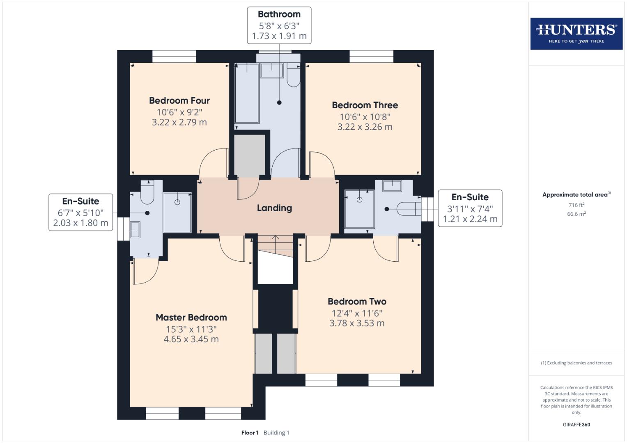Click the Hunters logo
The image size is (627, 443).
pos(576,34)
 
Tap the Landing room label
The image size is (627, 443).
pos(274,208)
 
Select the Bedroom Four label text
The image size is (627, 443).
pos(179,100)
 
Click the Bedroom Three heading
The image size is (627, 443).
pos(365,105)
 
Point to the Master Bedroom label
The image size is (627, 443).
pos(191,317)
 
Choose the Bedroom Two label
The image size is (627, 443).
pos(357,301)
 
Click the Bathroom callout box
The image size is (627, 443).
pos(279,25)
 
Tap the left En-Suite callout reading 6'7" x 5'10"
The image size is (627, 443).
pos(81,212)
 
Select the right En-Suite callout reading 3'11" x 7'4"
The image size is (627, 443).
pos(470,208)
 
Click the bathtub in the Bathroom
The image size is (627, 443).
pos(247,93)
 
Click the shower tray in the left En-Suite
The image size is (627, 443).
pos(177,212)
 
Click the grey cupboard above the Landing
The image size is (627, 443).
pos(250,155)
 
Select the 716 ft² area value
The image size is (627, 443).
pos(576,205)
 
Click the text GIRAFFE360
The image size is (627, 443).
pos(576,425)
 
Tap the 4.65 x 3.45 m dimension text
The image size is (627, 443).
pos(191,339)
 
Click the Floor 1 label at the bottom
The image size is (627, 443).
pos(250,433)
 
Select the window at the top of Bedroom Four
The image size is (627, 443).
pos(174,56)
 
